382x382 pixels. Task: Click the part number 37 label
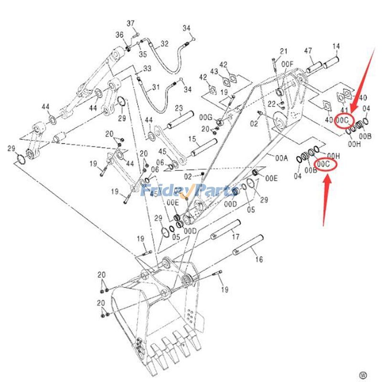[131, 24]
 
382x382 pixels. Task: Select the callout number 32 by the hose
[165, 43]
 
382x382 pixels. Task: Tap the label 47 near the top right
[308, 51]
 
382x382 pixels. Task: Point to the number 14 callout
[336, 46]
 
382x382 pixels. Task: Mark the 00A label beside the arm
[282, 158]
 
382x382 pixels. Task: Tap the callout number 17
[235, 237]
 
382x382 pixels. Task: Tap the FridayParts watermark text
[191, 191]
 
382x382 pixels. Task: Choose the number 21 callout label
[284, 52]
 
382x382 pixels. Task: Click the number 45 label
[162, 152]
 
